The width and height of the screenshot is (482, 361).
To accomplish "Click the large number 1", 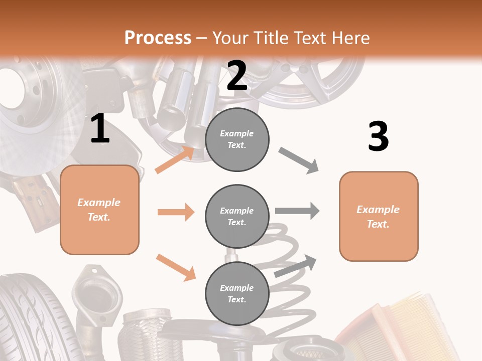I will click(x=100, y=129).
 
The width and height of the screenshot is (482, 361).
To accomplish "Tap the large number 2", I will click(x=237, y=76).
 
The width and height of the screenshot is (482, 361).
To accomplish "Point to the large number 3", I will click(x=378, y=136).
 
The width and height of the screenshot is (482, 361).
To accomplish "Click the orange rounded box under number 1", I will click(x=99, y=210).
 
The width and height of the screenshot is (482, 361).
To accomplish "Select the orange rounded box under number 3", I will click(x=379, y=216).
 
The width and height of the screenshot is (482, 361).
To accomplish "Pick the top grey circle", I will click(x=237, y=139).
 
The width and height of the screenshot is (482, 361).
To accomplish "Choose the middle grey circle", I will click(x=237, y=216).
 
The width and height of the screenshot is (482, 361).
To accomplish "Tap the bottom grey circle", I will click(x=237, y=293).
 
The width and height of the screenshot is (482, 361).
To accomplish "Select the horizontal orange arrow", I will click(x=176, y=212).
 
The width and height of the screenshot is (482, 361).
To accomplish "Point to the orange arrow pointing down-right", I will click(x=176, y=267).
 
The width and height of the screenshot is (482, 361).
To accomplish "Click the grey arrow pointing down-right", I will click(x=299, y=160).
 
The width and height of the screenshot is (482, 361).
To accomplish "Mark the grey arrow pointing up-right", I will click(x=296, y=266).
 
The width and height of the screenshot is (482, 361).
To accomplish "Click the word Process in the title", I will click(x=158, y=38).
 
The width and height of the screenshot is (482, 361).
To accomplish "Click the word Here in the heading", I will click(x=349, y=38).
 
